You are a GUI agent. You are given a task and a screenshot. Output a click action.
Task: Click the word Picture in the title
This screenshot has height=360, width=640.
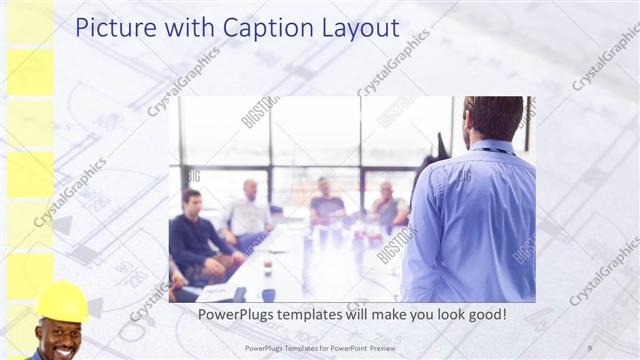point(110,27)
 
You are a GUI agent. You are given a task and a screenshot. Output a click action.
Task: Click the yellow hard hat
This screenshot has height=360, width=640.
point(61,300)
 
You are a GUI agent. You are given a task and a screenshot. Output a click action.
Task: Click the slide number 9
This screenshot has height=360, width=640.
point(589,347)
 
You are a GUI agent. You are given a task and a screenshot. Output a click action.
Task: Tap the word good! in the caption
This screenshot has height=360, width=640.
point(482,314)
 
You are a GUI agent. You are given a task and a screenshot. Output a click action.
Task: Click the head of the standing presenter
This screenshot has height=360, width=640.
point(493,117)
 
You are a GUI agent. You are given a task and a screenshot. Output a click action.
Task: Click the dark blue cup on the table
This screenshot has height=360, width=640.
point(268,294)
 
